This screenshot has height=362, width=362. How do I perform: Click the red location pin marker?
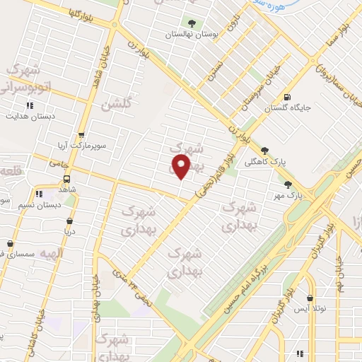click(x=182, y=167)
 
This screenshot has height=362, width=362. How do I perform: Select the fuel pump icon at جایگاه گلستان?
click(x=286, y=98)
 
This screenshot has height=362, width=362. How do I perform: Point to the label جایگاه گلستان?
click(x=286, y=109)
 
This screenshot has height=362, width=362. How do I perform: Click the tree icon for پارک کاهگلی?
click(x=265, y=150)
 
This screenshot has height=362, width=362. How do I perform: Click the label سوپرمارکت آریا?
click(x=82, y=144)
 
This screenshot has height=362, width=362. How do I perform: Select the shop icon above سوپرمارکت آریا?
click(x=82, y=134)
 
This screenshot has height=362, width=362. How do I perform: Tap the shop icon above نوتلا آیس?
click(x=310, y=298)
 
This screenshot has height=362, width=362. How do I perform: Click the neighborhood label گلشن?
click(x=116, y=104)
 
